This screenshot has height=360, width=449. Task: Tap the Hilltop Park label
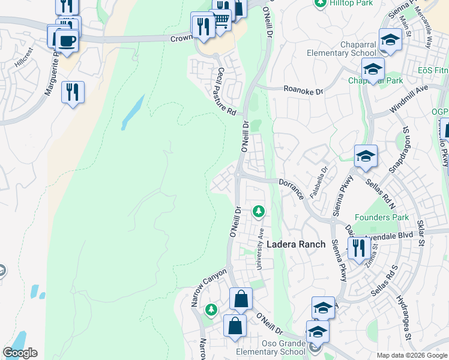click(348, 3)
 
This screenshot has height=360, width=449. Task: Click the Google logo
click(20, 353)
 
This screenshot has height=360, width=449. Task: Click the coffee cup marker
click(67, 41)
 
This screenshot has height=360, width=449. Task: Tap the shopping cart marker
click(221, 20)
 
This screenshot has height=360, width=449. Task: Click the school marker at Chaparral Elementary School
click(390, 40)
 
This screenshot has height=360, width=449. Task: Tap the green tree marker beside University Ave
click(259, 211)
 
